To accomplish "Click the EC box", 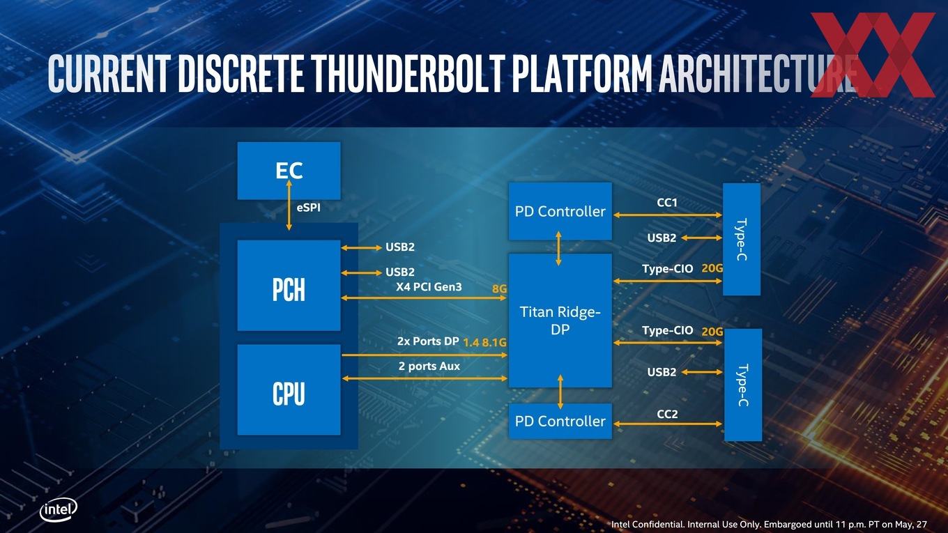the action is (x=289, y=171).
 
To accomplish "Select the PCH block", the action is (x=289, y=286).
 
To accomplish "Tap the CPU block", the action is (x=289, y=389).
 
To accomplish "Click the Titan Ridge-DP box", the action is (x=560, y=320).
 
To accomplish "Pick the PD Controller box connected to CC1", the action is (x=560, y=211).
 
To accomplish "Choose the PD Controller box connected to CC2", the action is (x=560, y=421).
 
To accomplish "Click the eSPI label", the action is (x=309, y=208).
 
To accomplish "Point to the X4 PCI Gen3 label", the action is (x=429, y=287).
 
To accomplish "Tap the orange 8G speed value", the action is (x=499, y=289).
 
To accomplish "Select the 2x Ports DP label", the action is (x=428, y=341).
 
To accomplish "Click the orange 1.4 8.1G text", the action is (x=485, y=342).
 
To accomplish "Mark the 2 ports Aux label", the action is (x=429, y=366).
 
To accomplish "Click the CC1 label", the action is (x=667, y=203).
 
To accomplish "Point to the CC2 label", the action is (x=667, y=414).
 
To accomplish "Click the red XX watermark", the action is (x=873, y=54).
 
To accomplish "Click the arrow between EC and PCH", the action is (x=289, y=205).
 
